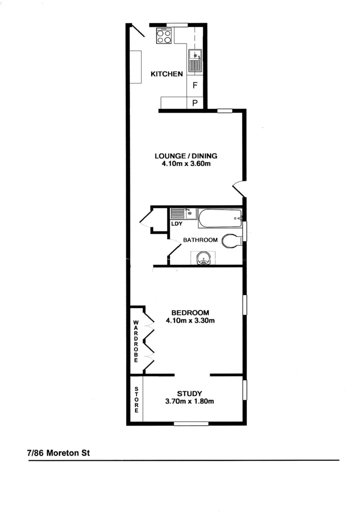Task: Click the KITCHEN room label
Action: pyautogui.click(x=166, y=74)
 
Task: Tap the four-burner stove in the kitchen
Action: pyautogui.click(x=164, y=36)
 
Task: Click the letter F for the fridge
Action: pyautogui.click(x=195, y=86)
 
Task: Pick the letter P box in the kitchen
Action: pyautogui.click(x=195, y=102)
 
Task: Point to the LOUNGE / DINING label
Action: pyautogui.click(x=186, y=156)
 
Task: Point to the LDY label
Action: pyautogui.click(x=177, y=223)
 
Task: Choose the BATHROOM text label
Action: pyautogui.click(x=201, y=240)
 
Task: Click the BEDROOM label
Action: pyautogui.click(x=190, y=312)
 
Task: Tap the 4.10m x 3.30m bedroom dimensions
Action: pyautogui.click(x=190, y=320)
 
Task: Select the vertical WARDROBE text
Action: pyautogui.click(x=136, y=341)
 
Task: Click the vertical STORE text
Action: pyautogui.click(x=137, y=400)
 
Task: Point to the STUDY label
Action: pyautogui.click(x=190, y=393)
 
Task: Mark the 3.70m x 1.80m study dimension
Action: pyautogui.click(x=190, y=402)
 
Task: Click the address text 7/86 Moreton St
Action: pyautogui.click(x=58, y=453)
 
